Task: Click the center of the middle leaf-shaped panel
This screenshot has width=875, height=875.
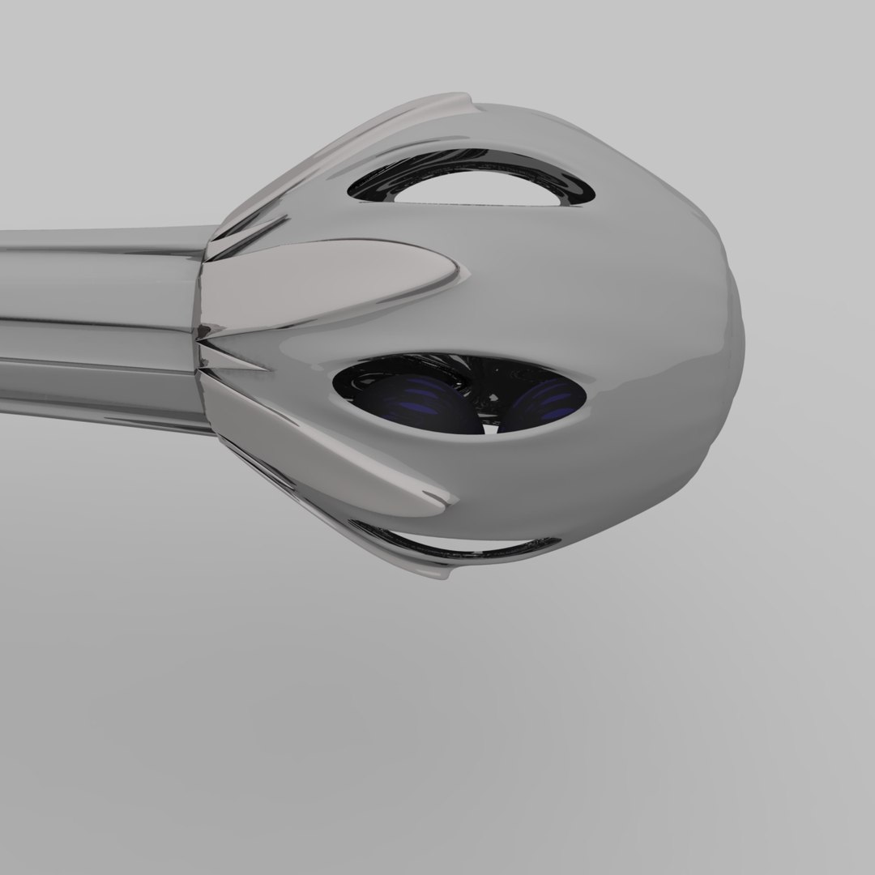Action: pos(324,284)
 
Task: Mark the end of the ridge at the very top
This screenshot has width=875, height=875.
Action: pos(466,101)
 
